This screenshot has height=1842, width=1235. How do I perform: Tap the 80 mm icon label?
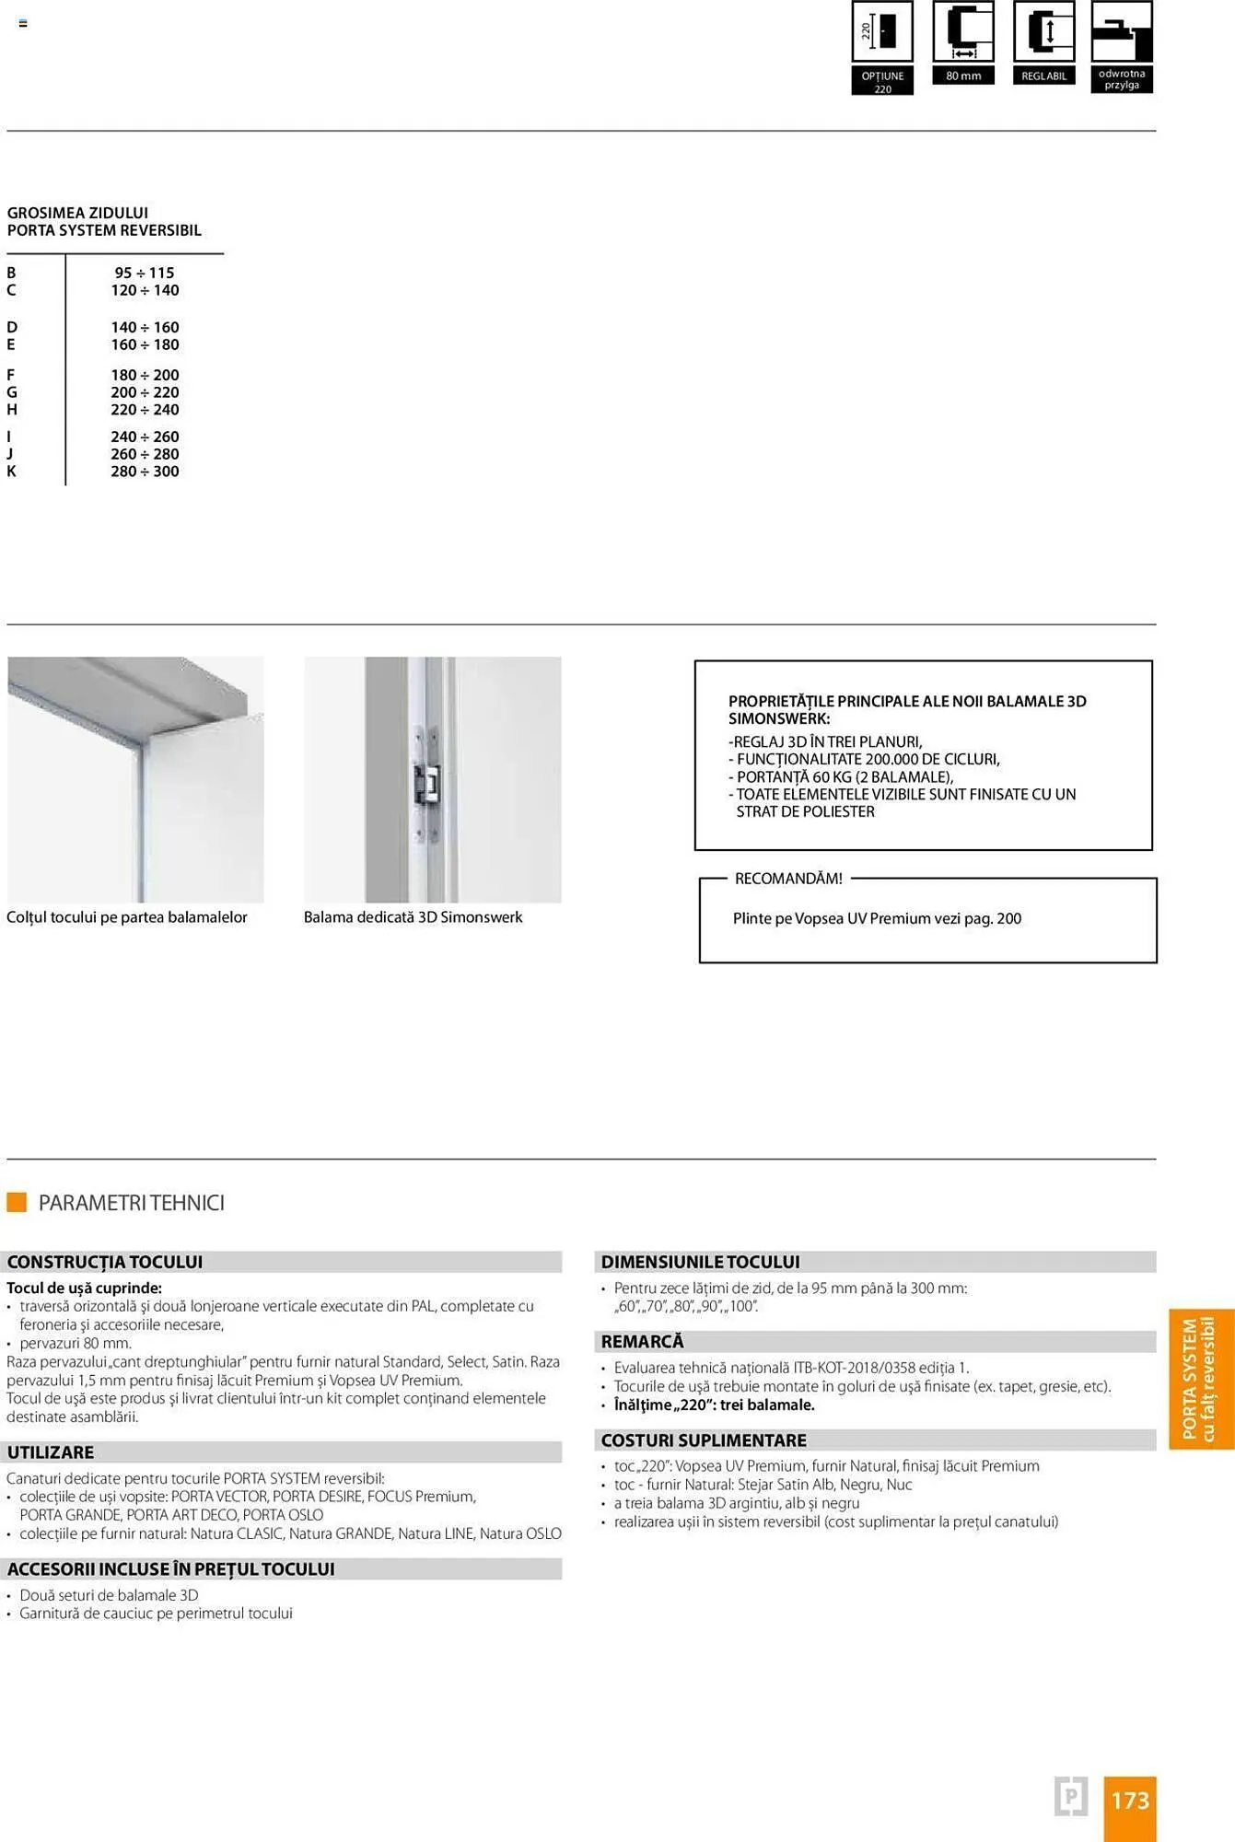click(x=963, y=76)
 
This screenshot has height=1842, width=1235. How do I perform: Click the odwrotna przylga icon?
click(x=1121, y=46)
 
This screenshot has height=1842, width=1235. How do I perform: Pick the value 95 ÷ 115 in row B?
click(x=145, y=273)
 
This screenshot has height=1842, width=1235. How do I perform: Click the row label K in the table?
click(x=12, y=472)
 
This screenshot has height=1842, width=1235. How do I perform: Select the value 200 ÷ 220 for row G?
click(x=145, y=392)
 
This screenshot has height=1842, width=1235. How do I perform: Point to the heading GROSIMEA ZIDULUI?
click(x=77, y=213)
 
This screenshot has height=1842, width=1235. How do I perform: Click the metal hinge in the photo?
click(x=427, y=783)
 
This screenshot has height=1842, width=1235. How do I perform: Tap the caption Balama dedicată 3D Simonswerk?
click(x=413, y=917)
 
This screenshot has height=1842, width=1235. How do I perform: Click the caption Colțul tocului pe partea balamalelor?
click(x=127, y=917)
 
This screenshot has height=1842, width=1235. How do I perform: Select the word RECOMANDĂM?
click(x=788, y=879)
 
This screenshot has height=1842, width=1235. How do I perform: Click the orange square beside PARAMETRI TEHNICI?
click(x=17, y=1202)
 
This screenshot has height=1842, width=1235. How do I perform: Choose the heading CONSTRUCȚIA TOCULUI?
click(x=105, y=1262)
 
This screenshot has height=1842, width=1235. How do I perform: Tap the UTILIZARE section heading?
click(x=51, y=1452)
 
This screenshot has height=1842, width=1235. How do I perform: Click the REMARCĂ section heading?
click(x=643, y=1342)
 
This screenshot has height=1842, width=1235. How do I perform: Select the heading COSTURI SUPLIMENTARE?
click(x=704, y=1440)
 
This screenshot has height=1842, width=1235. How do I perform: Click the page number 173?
click(x=1130, y=1800)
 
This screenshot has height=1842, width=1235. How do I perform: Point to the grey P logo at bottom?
click(x=1070, y=1796)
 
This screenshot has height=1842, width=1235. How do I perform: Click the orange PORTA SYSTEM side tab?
click(x=1200, y=1379)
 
